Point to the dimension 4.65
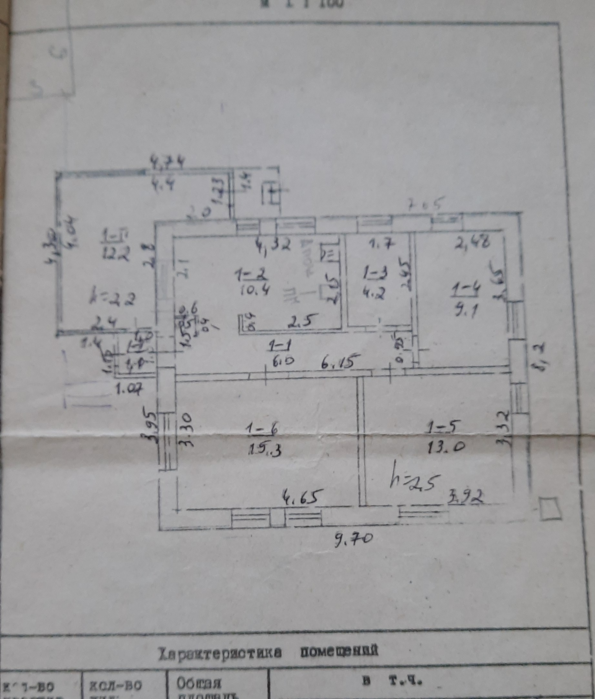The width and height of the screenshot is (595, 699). coord(300,497)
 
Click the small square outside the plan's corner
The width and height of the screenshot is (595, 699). coord(550,509)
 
